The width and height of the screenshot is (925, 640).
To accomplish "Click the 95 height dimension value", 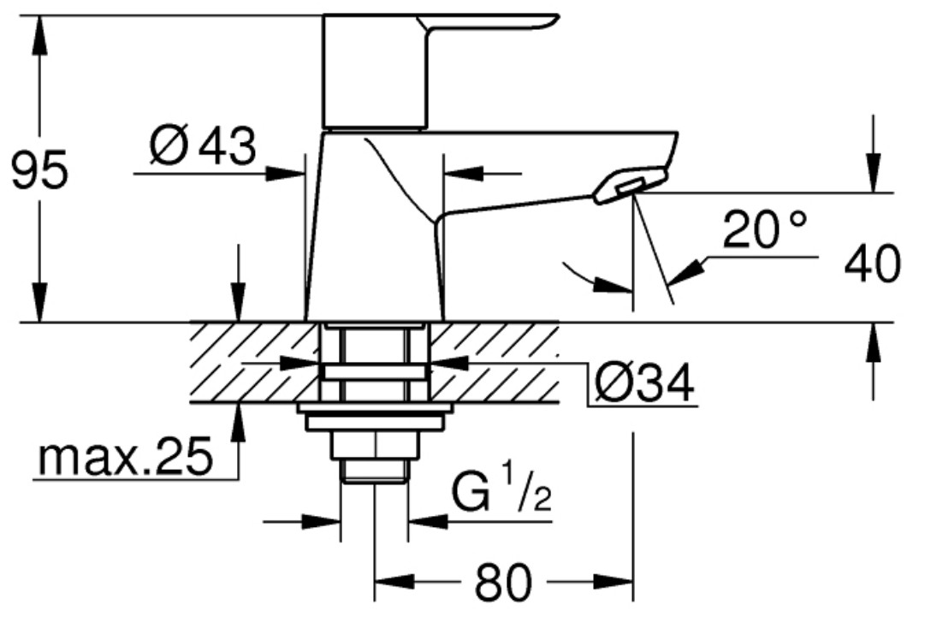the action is click(40, 170).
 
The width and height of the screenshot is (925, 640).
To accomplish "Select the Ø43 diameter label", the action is click(203, 145).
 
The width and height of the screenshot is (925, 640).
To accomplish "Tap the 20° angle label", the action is click(765, 229).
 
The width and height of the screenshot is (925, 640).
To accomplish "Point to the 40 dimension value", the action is click(873, 264).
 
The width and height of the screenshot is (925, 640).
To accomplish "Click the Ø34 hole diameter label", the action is click(645, 383).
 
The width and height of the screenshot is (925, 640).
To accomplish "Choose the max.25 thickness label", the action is click(124, 457).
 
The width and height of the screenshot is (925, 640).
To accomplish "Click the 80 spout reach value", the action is click(503, 582).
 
